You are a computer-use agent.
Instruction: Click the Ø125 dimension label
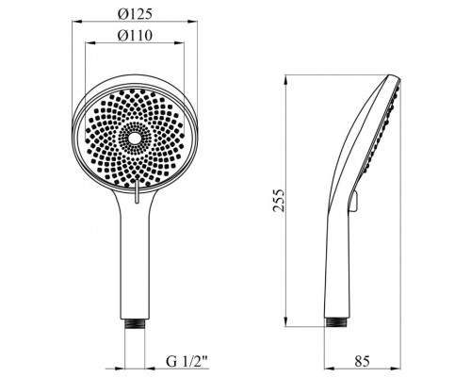coord(135,14)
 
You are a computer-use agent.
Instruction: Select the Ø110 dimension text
coord(135,36)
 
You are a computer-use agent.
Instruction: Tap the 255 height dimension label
coord(278,201)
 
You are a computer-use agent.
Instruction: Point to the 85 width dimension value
coord(362,361)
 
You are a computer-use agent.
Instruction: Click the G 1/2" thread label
coord(187,362)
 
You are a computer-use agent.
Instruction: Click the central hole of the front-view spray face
coord(135,138)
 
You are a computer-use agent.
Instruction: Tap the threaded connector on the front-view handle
coord(135,324)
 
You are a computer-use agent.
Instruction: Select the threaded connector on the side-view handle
coord(337,322)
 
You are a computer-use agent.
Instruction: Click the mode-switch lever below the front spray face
coord(137,190)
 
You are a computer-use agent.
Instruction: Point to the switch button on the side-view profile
coord(354,202)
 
